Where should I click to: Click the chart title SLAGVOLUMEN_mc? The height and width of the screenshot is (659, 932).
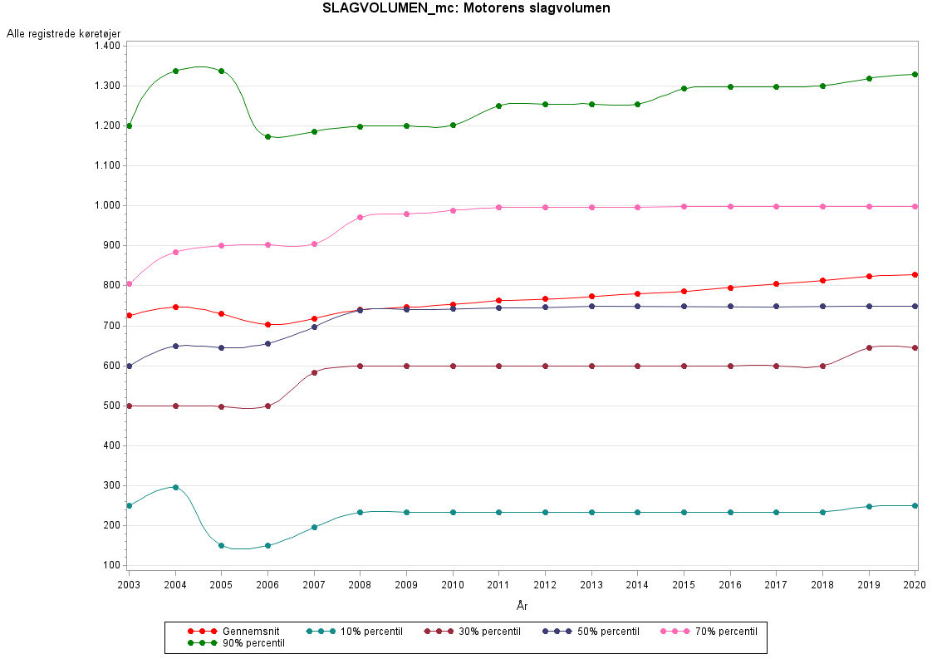(x=466, y=9)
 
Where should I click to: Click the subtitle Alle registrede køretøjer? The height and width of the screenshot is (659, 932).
(x=64, y=33)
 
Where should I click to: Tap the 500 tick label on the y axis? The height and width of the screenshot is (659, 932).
(x=111, y=406)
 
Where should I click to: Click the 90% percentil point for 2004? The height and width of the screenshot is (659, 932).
(x=175, y=71)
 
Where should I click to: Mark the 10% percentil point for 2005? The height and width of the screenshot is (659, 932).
(x=221, y=545)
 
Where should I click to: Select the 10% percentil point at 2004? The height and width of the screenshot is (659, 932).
(x=175, y=487)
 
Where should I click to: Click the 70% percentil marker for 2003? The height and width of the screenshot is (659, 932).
(x=129, y=284)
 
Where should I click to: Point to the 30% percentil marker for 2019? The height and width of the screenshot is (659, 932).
(x=869, y=347)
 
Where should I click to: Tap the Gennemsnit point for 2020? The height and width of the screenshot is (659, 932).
(x=915, y=274)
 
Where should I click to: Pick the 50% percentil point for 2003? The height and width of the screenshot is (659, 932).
(x=129, y=366)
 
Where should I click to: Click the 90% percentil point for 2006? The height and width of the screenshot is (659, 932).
(x=267, y=136)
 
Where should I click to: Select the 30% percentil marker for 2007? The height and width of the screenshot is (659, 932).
(x=314, y=372)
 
